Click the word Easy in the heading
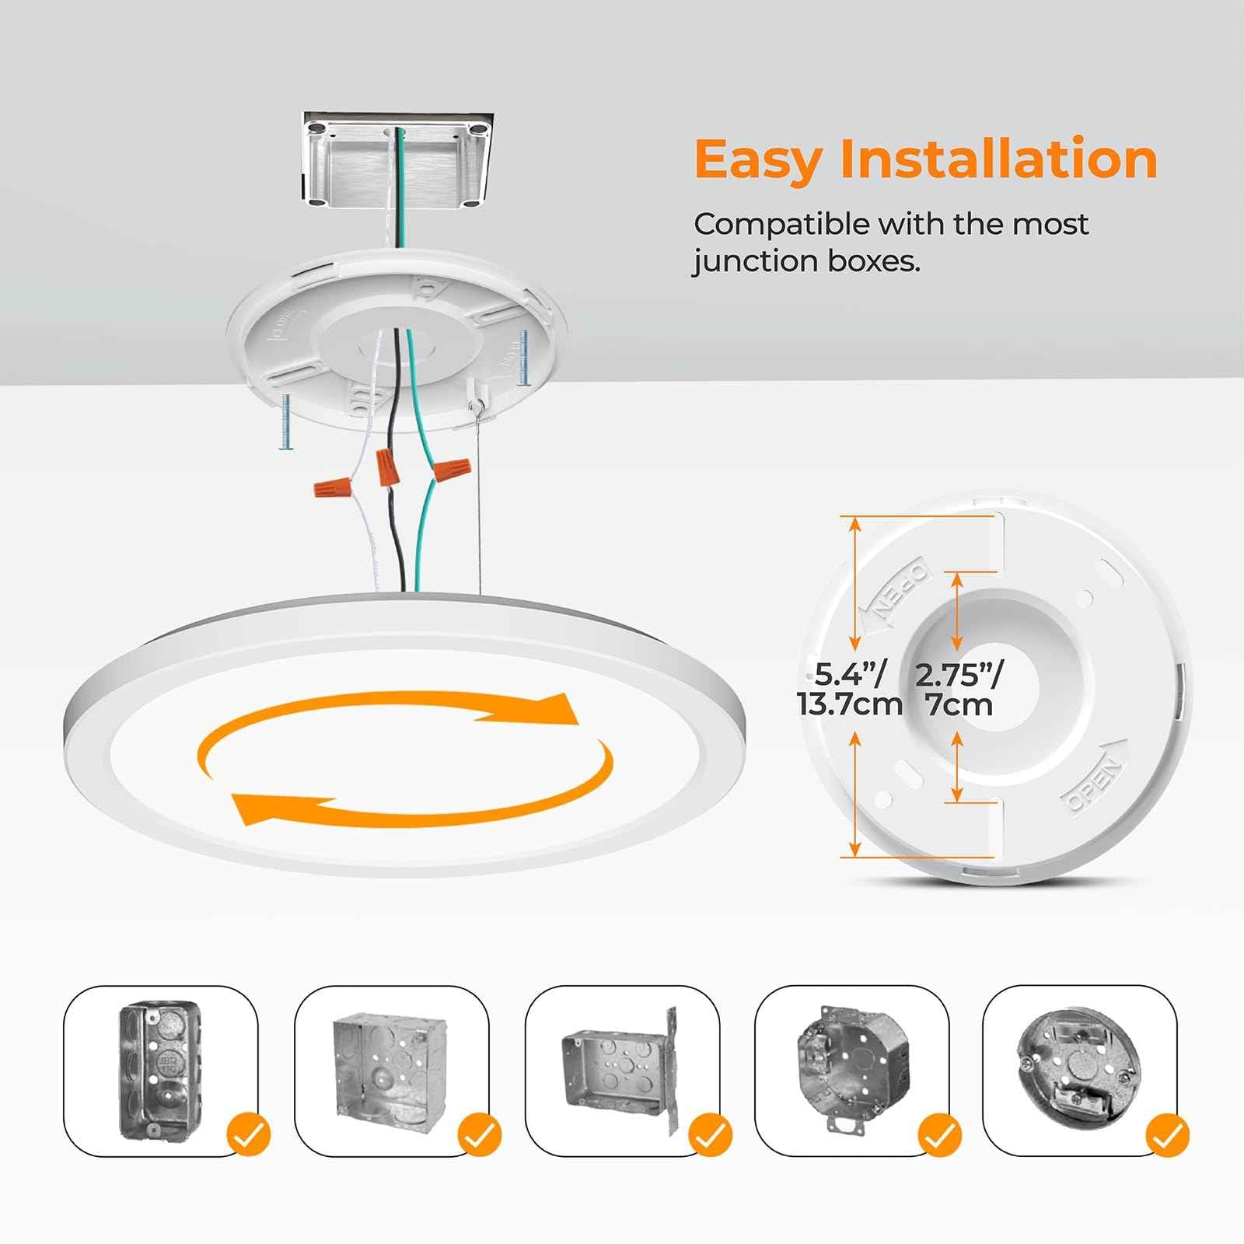(x=757, y=161)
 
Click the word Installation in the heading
(x=999, y=159)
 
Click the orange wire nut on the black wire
(x=386, y=466)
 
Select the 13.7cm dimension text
(x=849, y=705)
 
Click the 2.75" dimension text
(x=959, y=674)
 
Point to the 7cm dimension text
(x=959, y=705)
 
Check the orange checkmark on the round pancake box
(x=1167, y=1135)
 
